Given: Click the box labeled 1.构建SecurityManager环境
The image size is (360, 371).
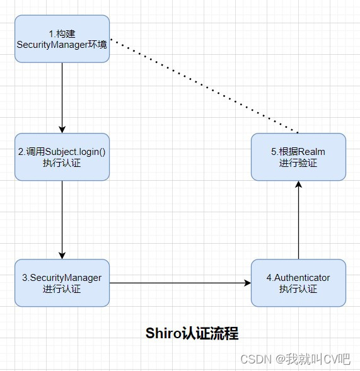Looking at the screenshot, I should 62,39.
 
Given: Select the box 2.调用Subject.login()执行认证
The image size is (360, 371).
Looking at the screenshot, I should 62,157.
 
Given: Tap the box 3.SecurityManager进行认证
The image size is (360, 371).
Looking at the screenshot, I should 62,283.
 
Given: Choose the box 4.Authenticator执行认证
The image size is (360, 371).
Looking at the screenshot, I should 298,283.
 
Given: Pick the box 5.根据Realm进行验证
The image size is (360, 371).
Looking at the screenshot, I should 298,157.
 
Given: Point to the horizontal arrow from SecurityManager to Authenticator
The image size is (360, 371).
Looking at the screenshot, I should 180,283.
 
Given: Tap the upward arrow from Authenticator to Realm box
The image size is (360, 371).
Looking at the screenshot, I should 298,220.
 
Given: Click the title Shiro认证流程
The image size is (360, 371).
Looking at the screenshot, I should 192,333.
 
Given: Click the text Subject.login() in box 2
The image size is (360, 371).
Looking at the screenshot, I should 76,151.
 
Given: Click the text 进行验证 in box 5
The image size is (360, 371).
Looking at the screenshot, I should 298,163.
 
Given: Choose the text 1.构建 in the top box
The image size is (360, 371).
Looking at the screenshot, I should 62,33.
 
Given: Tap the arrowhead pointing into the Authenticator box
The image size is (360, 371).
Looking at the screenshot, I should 247,283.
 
